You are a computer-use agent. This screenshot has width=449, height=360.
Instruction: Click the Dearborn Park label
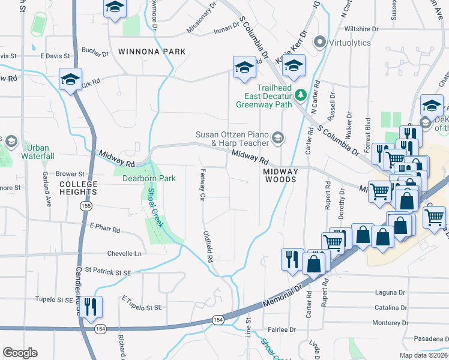[x=149, y=178]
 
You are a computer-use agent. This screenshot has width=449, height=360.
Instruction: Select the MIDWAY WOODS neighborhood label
[x=280, y=175]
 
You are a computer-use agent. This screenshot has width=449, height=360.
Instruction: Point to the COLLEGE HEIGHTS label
[x=77, y=188]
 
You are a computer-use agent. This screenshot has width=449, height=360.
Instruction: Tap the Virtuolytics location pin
[x=319, y=42]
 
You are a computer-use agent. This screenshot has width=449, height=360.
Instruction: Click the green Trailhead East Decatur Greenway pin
[x=300, y=95]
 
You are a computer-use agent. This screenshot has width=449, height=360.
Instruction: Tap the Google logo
[x=20, y=353]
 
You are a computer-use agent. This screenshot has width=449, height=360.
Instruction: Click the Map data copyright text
[x=424, y=355]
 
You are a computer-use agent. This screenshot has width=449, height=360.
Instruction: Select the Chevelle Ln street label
[x=124, y=254]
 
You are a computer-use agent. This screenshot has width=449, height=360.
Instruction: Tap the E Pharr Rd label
[x=104, y=228]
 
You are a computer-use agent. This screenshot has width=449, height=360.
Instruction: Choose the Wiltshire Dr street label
[x=361, y=29]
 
